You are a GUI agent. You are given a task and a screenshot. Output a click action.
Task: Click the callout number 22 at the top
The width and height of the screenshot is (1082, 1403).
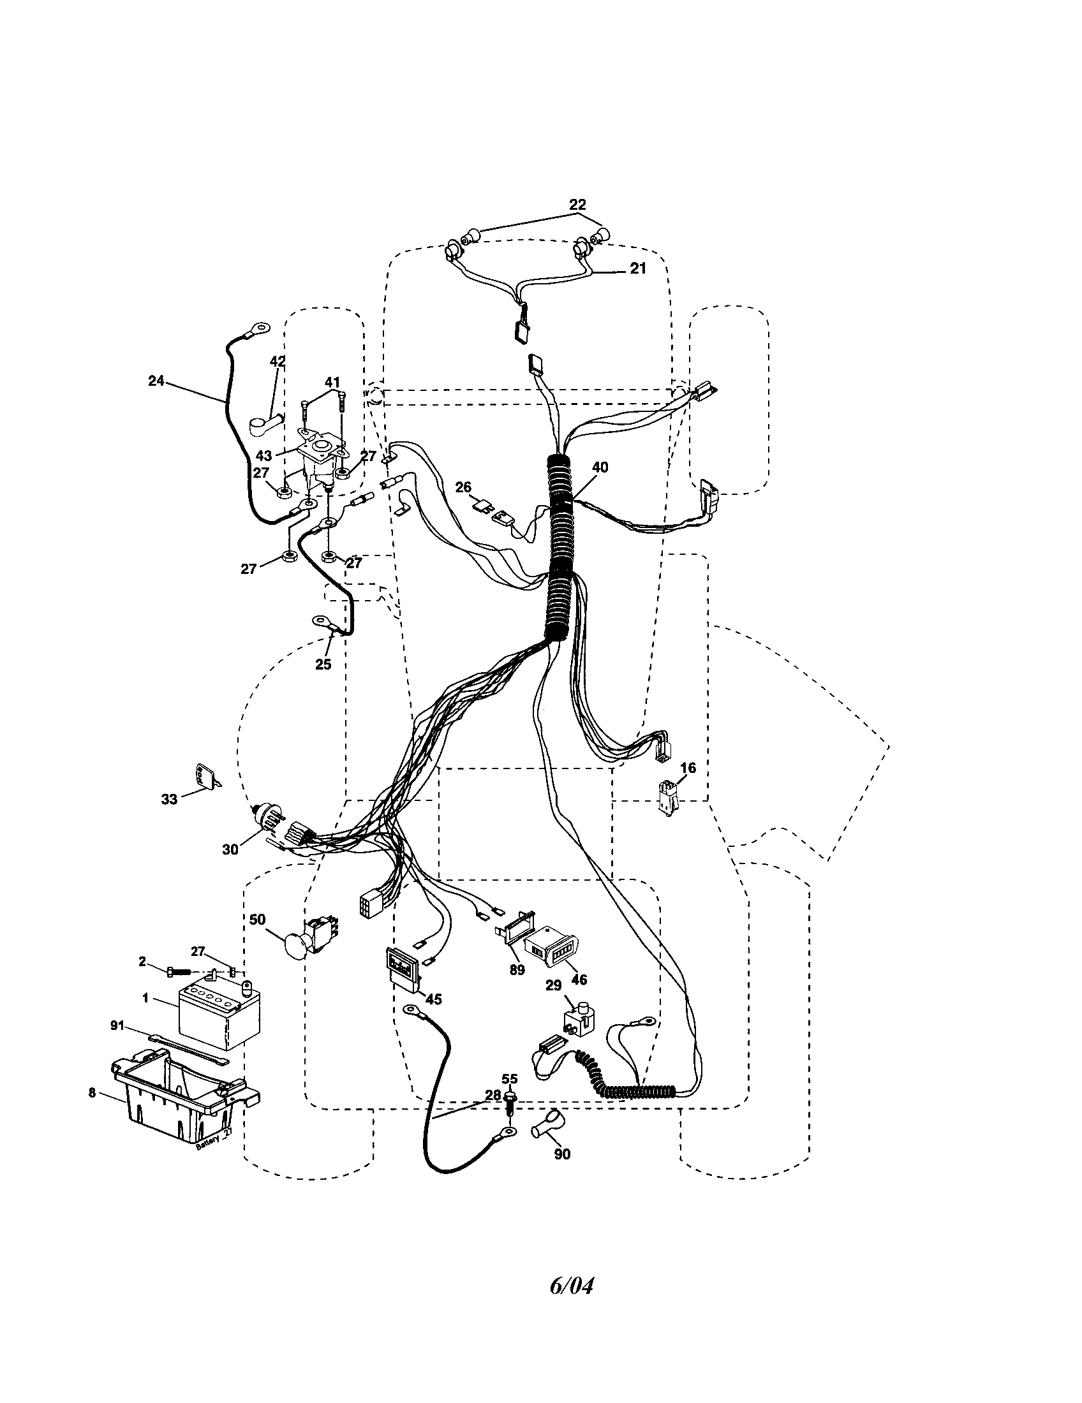pos(577,204)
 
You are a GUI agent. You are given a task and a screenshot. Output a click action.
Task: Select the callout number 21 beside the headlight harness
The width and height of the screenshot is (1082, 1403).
pos(637,268)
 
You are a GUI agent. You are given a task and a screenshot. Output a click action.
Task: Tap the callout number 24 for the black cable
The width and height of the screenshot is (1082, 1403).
pos(156,381)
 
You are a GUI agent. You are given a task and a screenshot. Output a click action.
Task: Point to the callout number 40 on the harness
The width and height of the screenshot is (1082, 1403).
pos(600,467)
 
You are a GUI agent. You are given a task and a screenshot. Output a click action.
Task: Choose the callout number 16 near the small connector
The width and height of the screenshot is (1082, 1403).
pos(688,768)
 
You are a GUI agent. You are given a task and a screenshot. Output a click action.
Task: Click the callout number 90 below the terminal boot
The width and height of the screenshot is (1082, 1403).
pos(562,1154)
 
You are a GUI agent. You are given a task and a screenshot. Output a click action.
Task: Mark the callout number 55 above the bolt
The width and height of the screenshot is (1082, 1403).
pos(509,1079)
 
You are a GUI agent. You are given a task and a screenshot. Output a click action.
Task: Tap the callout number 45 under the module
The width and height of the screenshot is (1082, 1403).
pos(433,999)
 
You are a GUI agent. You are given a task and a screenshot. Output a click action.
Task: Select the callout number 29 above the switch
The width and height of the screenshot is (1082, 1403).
pos(553,985)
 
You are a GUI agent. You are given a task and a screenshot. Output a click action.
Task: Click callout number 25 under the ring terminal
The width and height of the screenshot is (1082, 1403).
pos(323,665)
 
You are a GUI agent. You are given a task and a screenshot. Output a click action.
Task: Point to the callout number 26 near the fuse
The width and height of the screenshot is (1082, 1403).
pos(463,488)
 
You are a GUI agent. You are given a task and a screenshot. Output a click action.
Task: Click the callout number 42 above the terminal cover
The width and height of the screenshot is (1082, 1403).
pos(277,362)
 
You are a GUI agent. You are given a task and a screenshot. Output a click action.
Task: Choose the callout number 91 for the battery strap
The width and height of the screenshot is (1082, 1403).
pos(117,1026)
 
